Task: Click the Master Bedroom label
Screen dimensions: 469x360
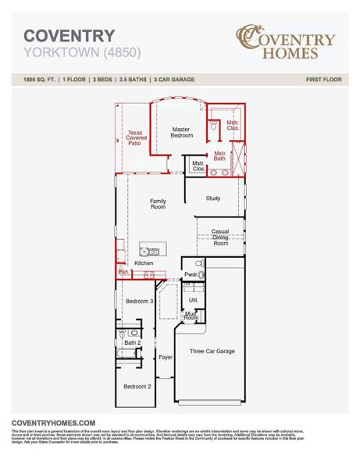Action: (181, 132)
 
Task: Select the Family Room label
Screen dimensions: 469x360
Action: (158, 205)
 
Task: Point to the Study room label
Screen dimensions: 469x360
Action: (213, 199)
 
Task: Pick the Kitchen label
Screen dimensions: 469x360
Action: (144, 263)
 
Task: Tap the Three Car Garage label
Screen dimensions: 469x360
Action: (212, 352)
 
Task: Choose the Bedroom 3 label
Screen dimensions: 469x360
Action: (139, 301)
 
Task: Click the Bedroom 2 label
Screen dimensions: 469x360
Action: (138, 386)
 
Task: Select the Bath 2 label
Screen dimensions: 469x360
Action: (132, 342)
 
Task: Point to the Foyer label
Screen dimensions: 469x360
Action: (165, 357)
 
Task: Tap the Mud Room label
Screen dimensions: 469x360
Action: (191, 315)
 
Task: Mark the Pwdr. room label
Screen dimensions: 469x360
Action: (190, 274)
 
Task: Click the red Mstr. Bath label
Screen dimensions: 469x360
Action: (220, 156)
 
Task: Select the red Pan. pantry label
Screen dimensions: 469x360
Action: (123, 273)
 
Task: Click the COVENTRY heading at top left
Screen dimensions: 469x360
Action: (69, 36)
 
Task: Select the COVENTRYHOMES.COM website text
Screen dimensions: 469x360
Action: (53, 422)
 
